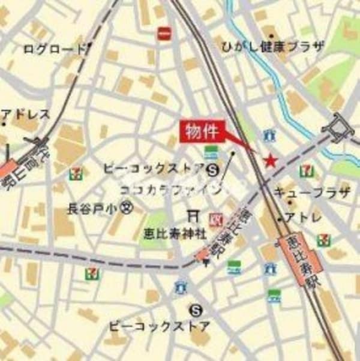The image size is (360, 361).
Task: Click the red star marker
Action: point(271,160)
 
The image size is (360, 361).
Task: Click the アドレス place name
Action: point(27,114)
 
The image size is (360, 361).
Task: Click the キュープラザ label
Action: point(311,192)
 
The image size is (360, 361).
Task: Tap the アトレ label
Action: point(303,216)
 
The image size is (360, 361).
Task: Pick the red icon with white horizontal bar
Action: point(164,34)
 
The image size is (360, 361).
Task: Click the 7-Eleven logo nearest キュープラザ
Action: point(307,170)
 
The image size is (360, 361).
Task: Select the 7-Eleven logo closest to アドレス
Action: point(76,174)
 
